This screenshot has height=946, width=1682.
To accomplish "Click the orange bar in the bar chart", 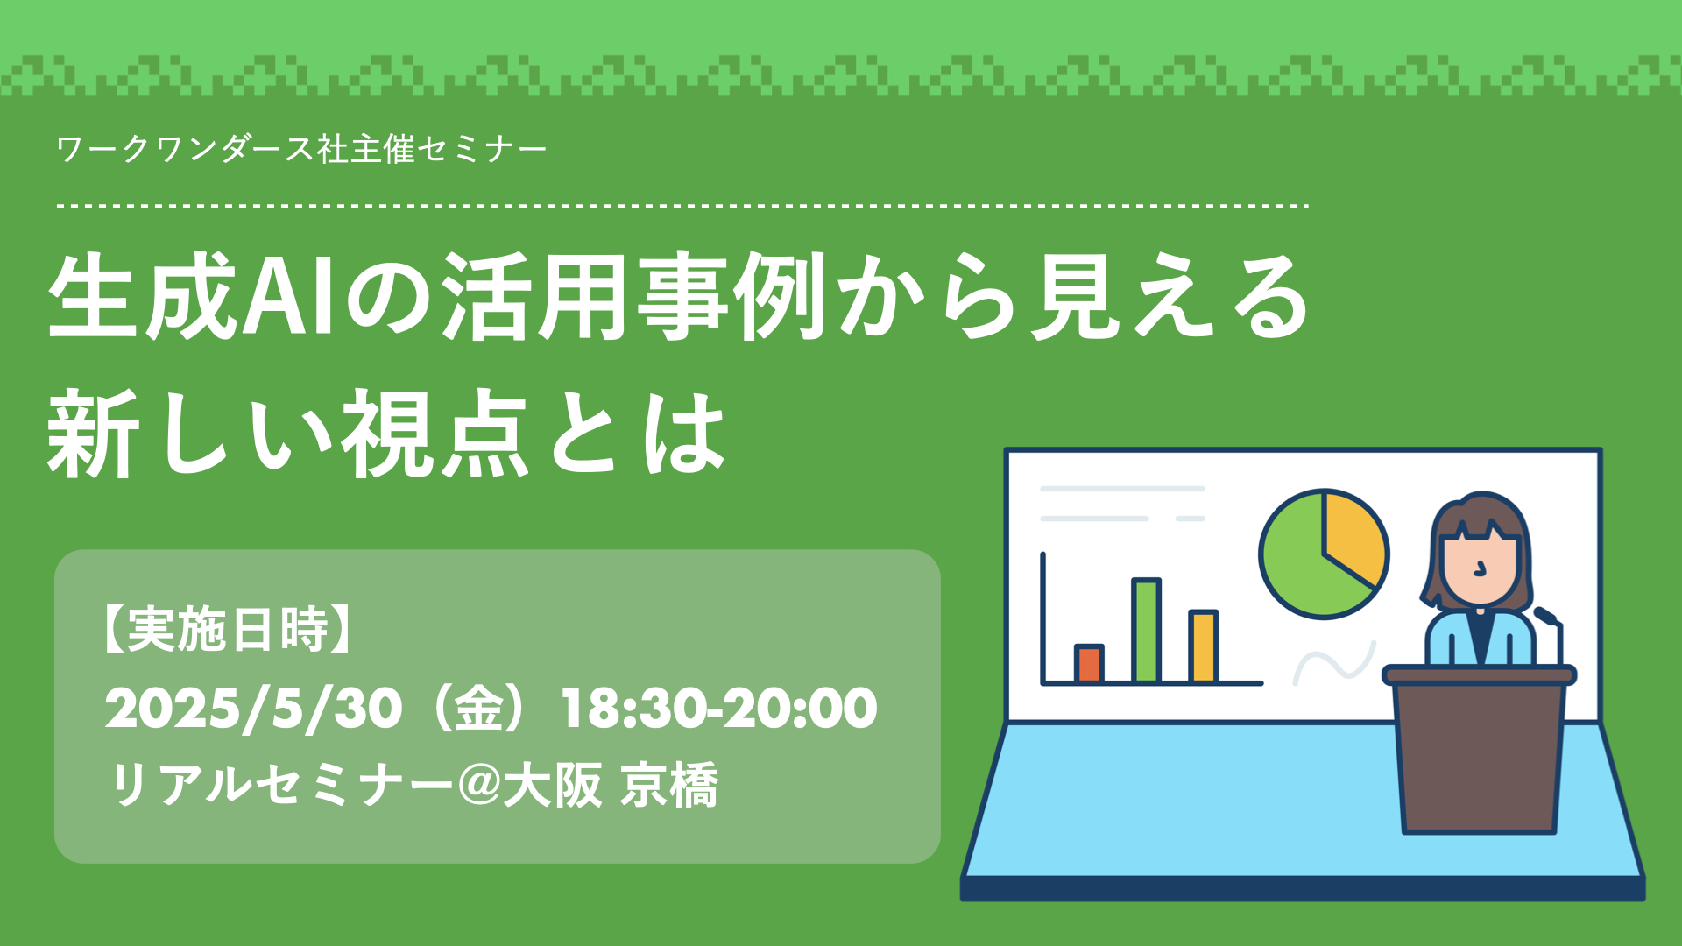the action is [x=1089, y=663].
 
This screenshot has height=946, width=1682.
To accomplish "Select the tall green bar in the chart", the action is [x=1146, y=630].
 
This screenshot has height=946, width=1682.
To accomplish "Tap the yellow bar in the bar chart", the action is [x=1203, y=646].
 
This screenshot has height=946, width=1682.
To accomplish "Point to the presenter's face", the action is [x=1481, y=567].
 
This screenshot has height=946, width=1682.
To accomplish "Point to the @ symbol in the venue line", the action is [x=478, y=785].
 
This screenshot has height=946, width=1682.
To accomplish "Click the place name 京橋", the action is [x=669, y=785].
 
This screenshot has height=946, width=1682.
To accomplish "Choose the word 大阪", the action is [x=552, y=785].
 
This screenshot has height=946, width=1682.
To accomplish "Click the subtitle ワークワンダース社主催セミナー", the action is [x=301, y=150].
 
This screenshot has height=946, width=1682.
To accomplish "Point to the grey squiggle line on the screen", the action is [x=1334, y=664].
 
